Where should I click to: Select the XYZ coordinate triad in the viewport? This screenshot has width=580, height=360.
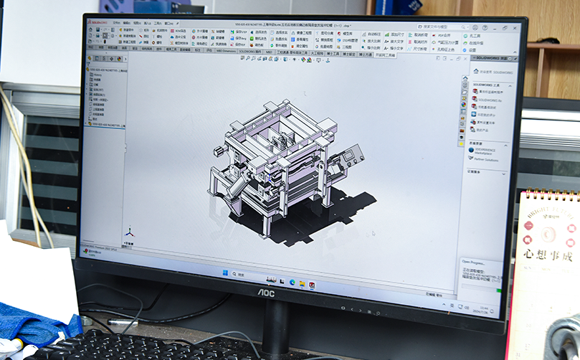tap(130, 232)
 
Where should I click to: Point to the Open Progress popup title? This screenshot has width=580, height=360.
tap(474, 262)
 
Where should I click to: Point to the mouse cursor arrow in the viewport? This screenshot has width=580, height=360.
tap(372, 233)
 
